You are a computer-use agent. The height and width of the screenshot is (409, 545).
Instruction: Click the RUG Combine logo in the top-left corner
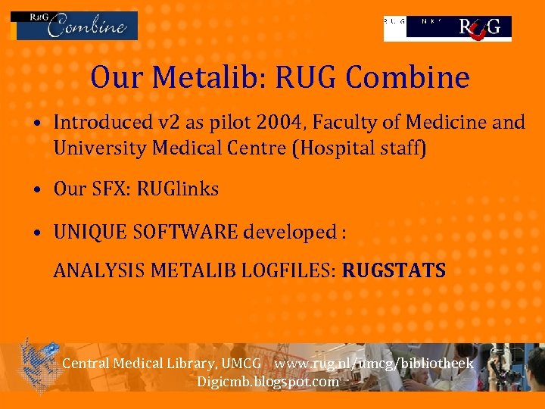[74, 25]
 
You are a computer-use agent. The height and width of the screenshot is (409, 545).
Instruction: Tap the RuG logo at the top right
[447, 27]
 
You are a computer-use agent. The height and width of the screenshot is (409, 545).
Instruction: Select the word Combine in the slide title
[415, 77]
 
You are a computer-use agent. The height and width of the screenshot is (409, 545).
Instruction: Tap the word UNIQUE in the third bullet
[86, 232]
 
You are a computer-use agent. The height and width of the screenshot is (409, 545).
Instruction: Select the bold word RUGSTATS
[394, 270]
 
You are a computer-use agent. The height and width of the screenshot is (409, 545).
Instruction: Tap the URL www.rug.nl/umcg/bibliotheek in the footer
[374, 364]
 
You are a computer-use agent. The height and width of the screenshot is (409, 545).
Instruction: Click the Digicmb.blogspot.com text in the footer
[268, 381]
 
